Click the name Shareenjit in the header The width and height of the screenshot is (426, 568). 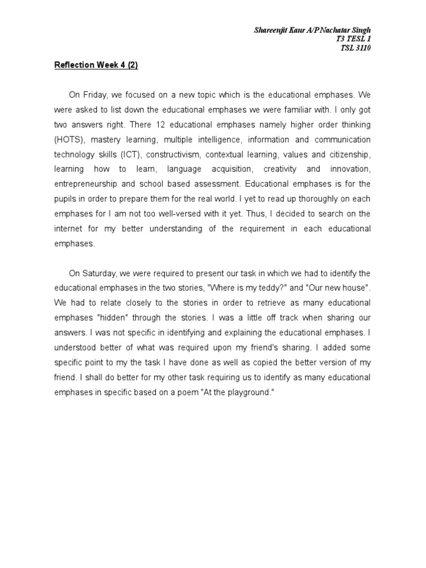point(272,29)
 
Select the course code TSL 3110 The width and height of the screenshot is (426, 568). point(356,48)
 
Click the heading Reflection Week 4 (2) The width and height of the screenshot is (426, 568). point(95,65)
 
